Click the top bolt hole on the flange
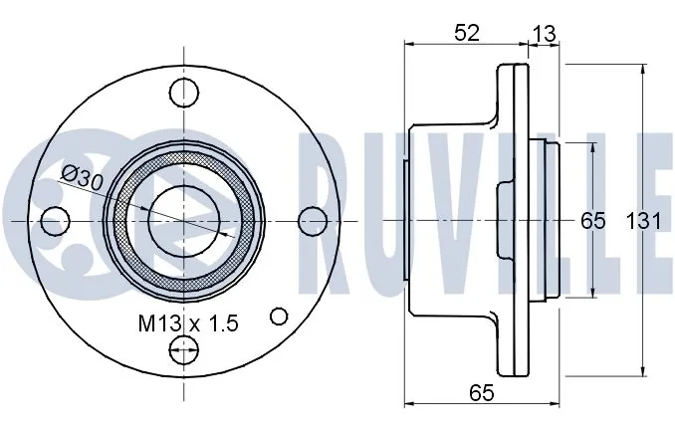pos(184,93)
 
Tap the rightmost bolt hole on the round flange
pos(312,220)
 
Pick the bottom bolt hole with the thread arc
pos(184,347)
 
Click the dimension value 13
pos(544,32)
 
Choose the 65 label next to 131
pos(592,221)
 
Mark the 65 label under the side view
pos(483,393)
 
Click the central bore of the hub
pos(183,219)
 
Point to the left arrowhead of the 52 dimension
pos(409,45)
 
